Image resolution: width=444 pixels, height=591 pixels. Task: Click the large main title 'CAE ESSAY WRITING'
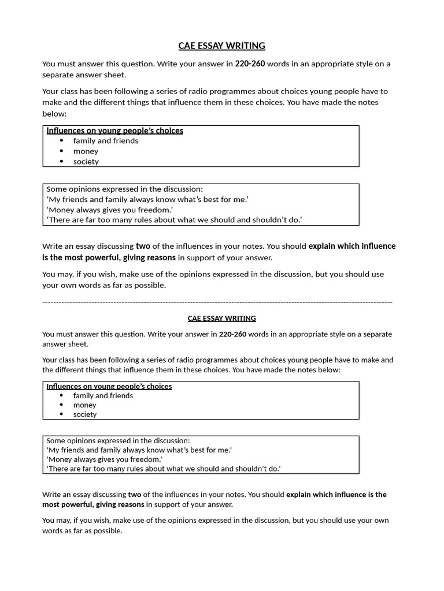(x=221, y=46)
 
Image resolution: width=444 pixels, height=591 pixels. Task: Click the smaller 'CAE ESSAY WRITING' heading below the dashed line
(x=221, y=318)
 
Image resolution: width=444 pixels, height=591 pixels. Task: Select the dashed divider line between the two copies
(x=217, y=302)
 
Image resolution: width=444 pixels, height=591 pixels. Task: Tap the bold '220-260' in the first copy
(x=250, y=64)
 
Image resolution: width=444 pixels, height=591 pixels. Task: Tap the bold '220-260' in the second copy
(x=233, y=334)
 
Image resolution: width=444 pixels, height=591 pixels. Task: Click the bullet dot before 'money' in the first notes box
(x=62, y=151)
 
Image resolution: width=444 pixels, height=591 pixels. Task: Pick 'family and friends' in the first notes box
(x=106, y=141)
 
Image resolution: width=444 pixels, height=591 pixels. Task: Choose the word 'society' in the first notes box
(x=86, y=162)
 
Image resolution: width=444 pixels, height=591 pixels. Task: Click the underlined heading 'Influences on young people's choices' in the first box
(x=114, y=130)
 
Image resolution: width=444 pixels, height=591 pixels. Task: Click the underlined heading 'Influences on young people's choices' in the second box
(x=109, y=386)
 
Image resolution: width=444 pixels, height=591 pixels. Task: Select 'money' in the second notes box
(x=84, y=405)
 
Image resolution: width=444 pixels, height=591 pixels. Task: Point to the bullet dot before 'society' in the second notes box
(x=62, y=414)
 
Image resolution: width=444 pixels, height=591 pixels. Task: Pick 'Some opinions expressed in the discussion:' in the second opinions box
(x=118, y=440)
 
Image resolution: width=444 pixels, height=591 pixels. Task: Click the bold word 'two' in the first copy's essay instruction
(x=143, y=246)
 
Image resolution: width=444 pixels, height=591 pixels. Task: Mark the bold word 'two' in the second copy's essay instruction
(x=134, y=495)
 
